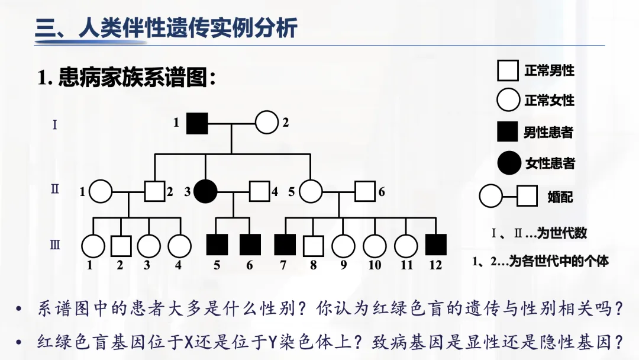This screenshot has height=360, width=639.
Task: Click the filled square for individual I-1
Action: (197, 123)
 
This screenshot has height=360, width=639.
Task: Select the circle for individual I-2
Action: (266, 123)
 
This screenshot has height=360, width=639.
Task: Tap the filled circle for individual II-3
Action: (206, 191)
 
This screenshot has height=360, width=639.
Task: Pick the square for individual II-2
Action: (154, 191)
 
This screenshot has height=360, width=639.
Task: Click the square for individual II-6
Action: (365, 191)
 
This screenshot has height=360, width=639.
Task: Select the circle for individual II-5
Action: (311, 191)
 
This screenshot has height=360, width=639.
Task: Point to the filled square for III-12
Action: (436, 245)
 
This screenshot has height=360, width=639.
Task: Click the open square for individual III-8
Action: (313, 245)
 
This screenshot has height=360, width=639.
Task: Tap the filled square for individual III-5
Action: (217, 245)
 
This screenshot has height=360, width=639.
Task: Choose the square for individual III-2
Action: (121, 245)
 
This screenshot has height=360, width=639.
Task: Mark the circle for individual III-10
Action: (375, 245)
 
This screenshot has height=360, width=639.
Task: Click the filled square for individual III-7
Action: (285, 245)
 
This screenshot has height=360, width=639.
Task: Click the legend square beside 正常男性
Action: (508, 70)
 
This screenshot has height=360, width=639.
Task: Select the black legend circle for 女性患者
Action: (508, 162)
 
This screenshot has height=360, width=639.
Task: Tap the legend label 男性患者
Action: (548, 132)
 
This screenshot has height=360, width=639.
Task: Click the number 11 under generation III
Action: (406, 265)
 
